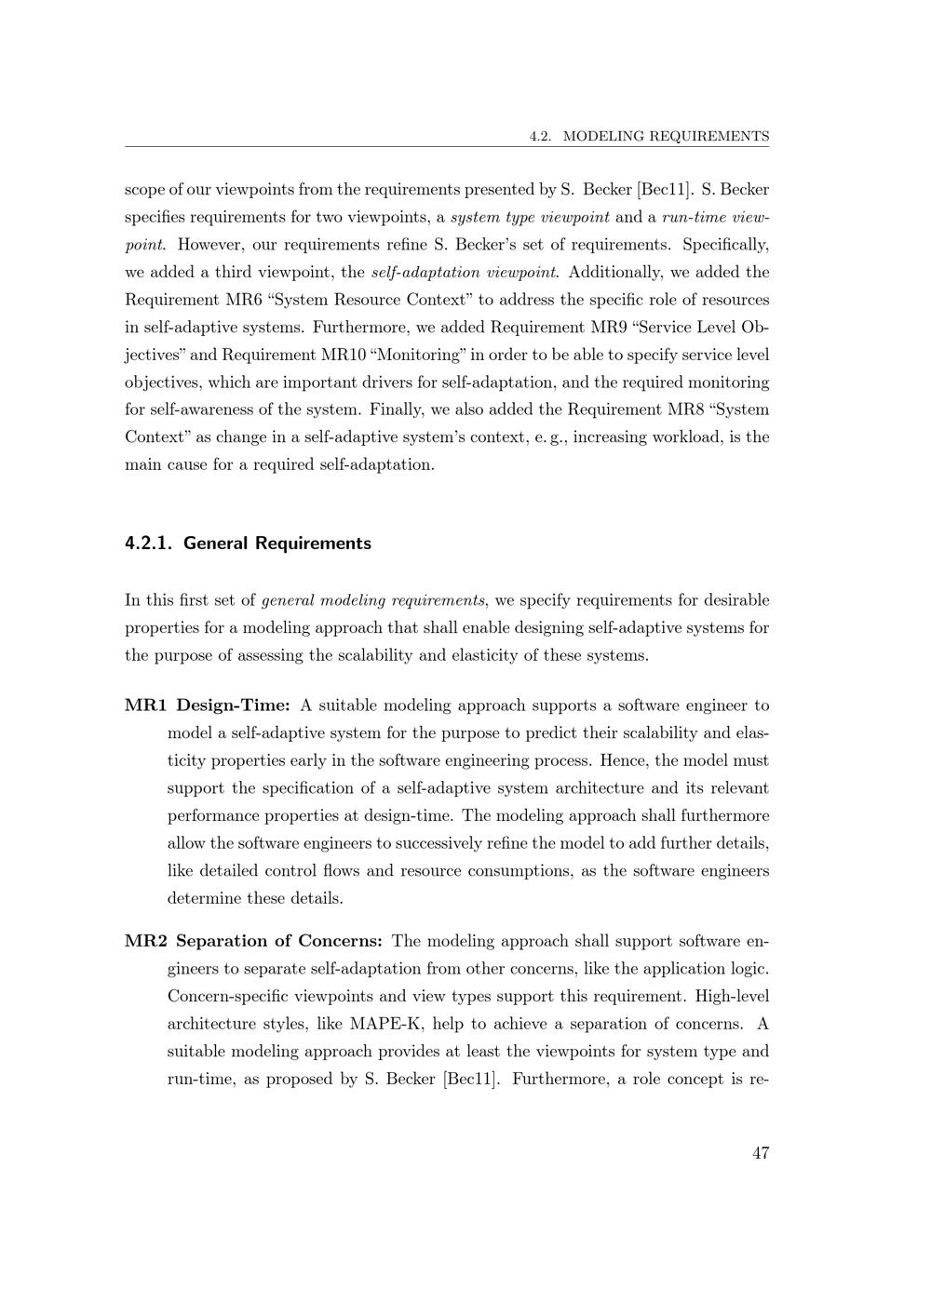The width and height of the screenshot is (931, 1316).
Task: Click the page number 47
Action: [760, 1153]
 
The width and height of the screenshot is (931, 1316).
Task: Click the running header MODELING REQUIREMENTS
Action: [667, 136]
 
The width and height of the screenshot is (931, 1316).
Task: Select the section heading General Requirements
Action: [277, 544]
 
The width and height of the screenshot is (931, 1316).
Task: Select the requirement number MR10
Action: [342, 355]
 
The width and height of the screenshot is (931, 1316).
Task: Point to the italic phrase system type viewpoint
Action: [530, 218]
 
